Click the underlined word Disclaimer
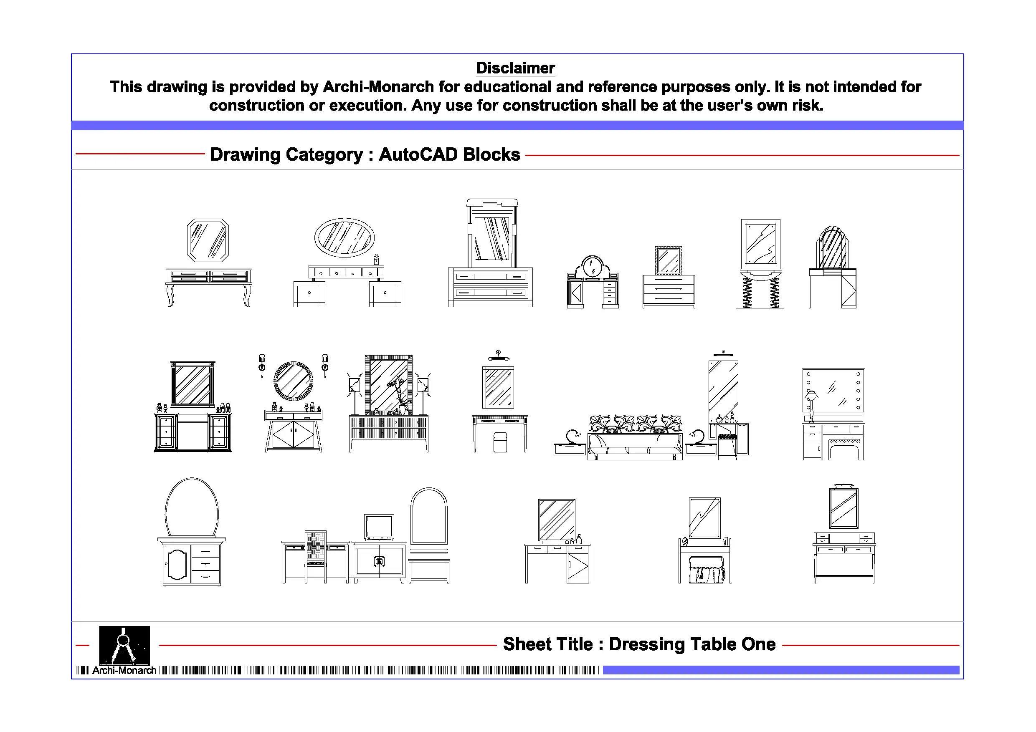click(x=515, y=68)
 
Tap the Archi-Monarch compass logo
click(x=124, y=645)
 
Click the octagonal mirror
click(x=208, y=240)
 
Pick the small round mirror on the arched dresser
click(x=593, y=267)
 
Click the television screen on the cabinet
click(x=379, y=526)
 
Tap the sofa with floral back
click(x=635, y=437)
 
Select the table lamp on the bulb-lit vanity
click(x=811, y=402)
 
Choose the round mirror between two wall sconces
click(x=293, y=381)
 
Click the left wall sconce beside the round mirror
click(x=262, y=365)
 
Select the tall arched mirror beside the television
click(x=429, y=516)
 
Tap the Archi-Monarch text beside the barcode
click(x=124, y=671)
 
